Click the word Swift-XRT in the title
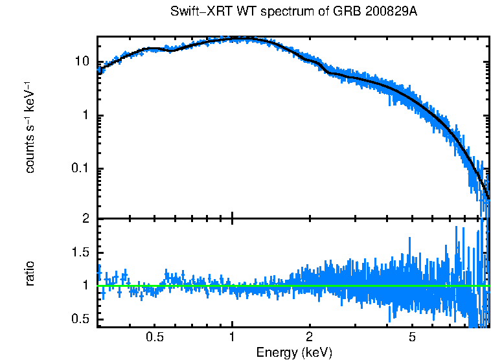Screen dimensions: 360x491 tap(197, 12)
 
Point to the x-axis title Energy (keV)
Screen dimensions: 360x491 tap(294, 352)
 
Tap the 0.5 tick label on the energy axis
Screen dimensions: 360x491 tap(154, 337)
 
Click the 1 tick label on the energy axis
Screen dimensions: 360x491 tap(232, 337)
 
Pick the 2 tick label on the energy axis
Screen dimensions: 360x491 tap(310, 337)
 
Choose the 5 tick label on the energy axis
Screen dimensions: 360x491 tap(413, 337)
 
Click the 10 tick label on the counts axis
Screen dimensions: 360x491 tap(82, 63)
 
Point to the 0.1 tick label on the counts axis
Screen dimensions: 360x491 tap(81, 170)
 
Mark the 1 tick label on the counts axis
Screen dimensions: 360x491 tap(86, 117)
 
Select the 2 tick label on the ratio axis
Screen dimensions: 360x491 tap(86, 219)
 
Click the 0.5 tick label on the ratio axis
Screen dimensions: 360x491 tap(81, 319)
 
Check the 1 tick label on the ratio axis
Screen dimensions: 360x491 tap(86, 286)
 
